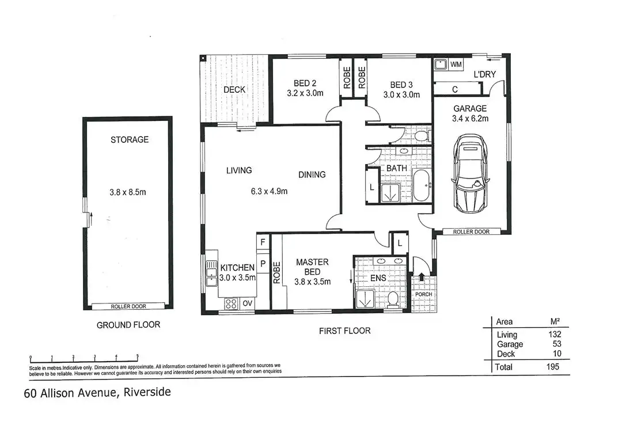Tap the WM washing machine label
[457, 64]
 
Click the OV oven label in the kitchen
[248, 303]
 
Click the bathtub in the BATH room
[422, 185]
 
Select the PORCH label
[423, 294]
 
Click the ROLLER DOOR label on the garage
[471, 232]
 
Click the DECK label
[234, 89]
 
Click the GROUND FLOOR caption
[128, 325]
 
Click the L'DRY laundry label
[485, 75]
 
